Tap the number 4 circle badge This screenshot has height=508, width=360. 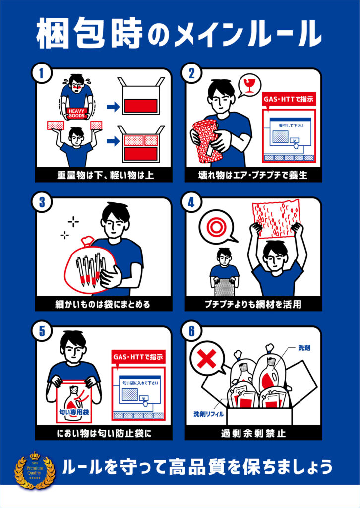[x=191, y=203]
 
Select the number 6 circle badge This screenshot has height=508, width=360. [x=191, y=332]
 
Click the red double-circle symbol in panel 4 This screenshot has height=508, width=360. [x=216, y=227]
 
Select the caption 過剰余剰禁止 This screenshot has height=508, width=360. [x=253, y=433]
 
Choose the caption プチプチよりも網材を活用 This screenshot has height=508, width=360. [x=253, y=304]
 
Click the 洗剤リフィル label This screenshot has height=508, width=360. [x=209, y=413]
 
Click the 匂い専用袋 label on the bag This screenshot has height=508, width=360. [x=73, y=411]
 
